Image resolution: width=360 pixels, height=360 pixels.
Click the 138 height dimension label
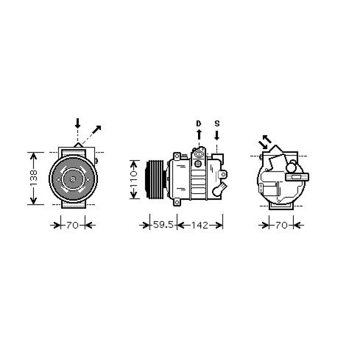point(33,178)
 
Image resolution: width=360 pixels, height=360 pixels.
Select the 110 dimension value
point(134,179)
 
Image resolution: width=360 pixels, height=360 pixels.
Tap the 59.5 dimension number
point(163,225)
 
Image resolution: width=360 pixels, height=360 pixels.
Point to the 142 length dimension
point(200,225)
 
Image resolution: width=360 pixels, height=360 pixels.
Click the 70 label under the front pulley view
point(72,225)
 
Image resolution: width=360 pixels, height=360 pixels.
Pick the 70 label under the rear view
point(282,225)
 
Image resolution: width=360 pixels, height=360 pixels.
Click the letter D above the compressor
point(198,123)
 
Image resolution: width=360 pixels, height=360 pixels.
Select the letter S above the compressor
point(217,123)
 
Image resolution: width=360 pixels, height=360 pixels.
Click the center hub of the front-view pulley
point(73,179)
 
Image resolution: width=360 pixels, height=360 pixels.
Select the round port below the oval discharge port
point(198,164)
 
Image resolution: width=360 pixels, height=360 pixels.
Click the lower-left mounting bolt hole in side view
point(177,203)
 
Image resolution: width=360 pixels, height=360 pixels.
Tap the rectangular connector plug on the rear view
point(297,176)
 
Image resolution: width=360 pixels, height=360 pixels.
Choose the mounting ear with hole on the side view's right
point(224,174)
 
